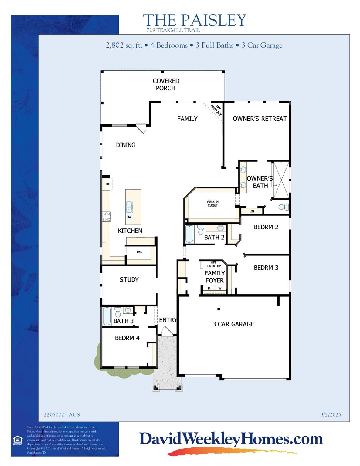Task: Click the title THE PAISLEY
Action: pyautogui.click(x=194, y=20)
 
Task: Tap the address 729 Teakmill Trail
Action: pyautogui.click(x=173, y=30)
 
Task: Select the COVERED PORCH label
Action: pyautogui.click(x=166, y=84)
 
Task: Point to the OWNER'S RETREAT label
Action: pyautogui.click(x=260, y=119)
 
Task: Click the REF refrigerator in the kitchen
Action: pyautogui.click(x=108, y=184)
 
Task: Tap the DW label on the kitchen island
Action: pyautogui.click(x=129, y=217)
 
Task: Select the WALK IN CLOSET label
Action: pyautogui.click(x=212, y=204)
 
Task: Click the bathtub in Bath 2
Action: pyautogui.click(x=189, y=234)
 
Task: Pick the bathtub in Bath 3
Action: pyautogui.click(x=107, y=316)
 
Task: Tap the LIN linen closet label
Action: pyautogui.click(x=252, y=211)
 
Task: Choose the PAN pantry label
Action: pyautogui.click(x=139, y=252)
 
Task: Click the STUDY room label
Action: pyautogui.click(x=129, y=280)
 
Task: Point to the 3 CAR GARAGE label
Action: pyautogui.click(x=233, y=324)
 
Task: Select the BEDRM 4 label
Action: pyautogui.click(x=127, y=338)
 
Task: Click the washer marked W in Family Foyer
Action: pyautogui.click(x=220, y=289)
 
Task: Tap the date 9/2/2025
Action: pyautogui.click(x=331, y=414)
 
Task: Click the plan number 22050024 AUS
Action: pyautogui.click(x=62, y=414)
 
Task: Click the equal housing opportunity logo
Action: pyautogui.click(x=17, y=440)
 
